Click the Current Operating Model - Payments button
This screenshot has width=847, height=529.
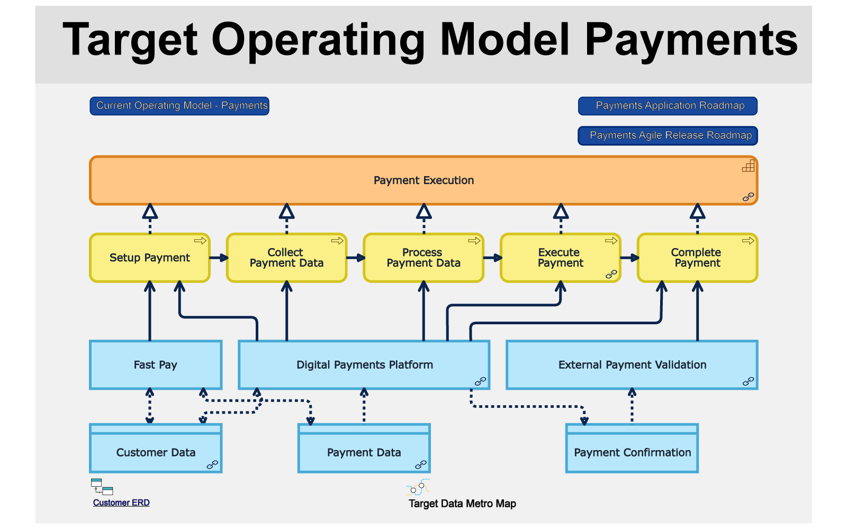pyautogui.click(x=179, y=106)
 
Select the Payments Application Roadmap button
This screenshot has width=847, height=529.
pyautogui.click(x=668, y=106)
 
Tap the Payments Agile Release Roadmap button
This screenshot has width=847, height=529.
pyautogui.click(x=668, y=135)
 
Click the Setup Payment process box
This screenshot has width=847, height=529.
pyautogui.click(x=150, y=258)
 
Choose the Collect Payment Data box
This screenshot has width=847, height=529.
pyautogui.click(x=286, y=258)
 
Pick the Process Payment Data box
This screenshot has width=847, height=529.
pyautogui.click(x=424, y=258)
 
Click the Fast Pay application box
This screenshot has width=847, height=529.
pyautogui.click(x=156, y=365)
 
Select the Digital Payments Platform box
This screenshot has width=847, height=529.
pyautogui.click(x=364, y=365)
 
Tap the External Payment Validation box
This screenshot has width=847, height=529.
pyautogui.click(x=632, y=365)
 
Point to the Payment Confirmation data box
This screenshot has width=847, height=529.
pyautogui.click(x=632, y=449)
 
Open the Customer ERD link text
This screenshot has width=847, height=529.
pyautogui.click(x=121, y=503)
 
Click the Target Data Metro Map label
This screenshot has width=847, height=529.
pyautogui.click(x=463, y=504)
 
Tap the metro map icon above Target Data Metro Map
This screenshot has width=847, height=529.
pyautogui.click(x=418, y=487)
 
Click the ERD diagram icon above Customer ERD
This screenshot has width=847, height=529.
pyautogui.click(x=102, y=487)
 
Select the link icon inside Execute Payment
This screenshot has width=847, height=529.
pyautogui.click(x=611, y=275)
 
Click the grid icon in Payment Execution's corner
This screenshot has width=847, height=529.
pyautogui.click(x=749, y=166)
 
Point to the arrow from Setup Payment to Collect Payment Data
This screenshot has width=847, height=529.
pyautogui.click(x=219, y=258)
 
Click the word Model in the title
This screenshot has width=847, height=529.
pyautogui.click(x=505, y=39)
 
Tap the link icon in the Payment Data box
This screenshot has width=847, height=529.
pyautogui.click(x=421, y=465)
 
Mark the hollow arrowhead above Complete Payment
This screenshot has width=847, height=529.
pyautogui.click(x=698, y=212)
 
